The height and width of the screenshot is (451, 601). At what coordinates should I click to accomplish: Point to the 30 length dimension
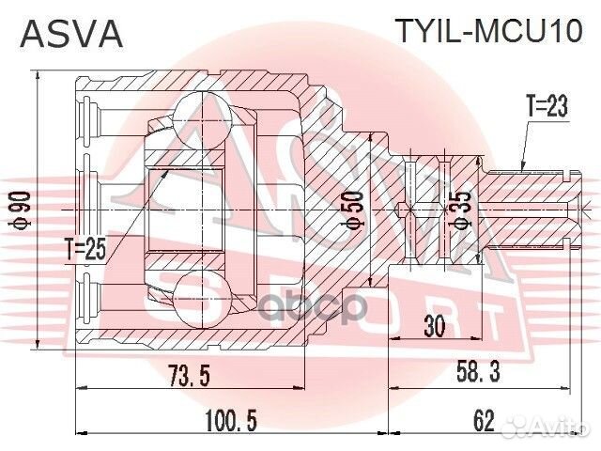pyautogui.click(x=434, y=326)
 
